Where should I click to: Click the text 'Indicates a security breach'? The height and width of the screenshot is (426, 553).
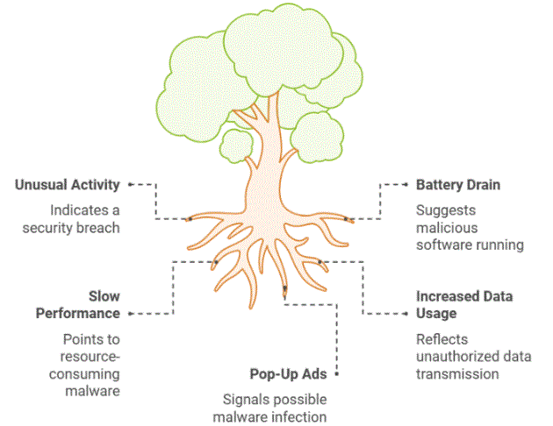(76, 219)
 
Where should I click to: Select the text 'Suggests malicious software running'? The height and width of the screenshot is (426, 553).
(469, 228)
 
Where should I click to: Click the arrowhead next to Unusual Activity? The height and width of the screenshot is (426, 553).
(131, 185)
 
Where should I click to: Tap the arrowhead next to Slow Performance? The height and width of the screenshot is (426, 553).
(131, 313)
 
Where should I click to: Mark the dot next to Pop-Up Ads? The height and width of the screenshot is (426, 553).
(338, 374)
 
